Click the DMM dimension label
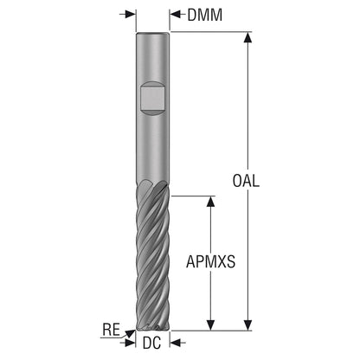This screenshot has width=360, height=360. pyautogui.click(x=205, y=15)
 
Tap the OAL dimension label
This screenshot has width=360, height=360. pyautogui.click(x=246, y=181)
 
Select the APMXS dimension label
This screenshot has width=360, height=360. pyautogui.click(x=210, y=261)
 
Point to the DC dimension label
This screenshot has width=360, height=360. pyautogui.click(x=151, y=343)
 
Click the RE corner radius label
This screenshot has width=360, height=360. pyautogui.click(x=111, y=330)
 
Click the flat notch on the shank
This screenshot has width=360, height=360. pyautogui.click(x=152, y=99)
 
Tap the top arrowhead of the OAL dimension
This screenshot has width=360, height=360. pyautogui.click(x=247, y=37)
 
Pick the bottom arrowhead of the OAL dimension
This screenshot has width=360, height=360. pyautogui.click(x=247, y=325)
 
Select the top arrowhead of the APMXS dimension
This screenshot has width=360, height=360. pyautogui.click(x=211, y=202)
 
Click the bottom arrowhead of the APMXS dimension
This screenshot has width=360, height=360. pyautogui.click(x=211, y=325)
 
